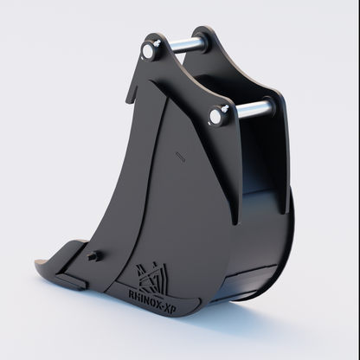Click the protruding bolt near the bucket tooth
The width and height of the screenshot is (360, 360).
pos(93,256)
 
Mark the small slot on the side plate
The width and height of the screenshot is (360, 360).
pos(179,157)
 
